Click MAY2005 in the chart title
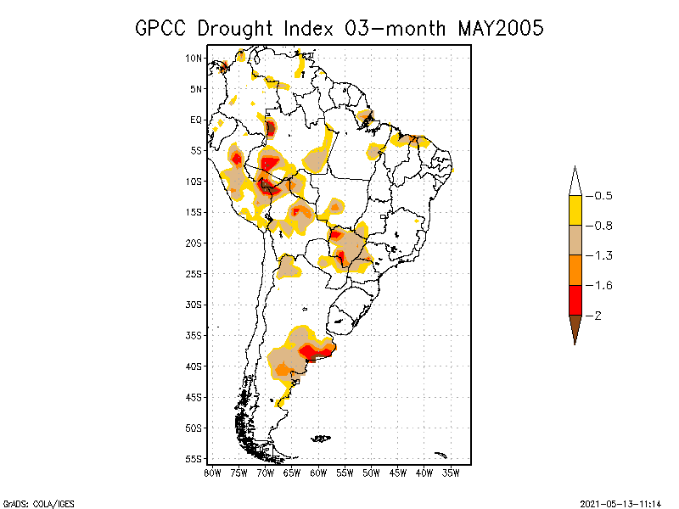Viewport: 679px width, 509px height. tap(500, 28)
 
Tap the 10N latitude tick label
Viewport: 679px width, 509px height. tap(194, 58)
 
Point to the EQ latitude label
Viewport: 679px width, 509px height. tap(195, 120)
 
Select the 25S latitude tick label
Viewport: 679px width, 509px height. tap(194, 273)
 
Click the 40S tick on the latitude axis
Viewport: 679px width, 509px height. tap(194, 366)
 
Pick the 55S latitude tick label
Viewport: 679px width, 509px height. tap(194, 458)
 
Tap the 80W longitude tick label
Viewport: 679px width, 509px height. tap(212, 473)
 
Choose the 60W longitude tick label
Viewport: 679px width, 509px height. tap(318, 473)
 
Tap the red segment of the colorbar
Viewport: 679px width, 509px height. tap(575, 300)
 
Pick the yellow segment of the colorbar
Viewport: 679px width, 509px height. tap(575, 210)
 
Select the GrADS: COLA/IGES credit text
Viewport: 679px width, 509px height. tap(28, 502)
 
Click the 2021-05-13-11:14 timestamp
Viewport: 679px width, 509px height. tap(620, 502)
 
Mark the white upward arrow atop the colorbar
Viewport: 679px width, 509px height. tap(575, 181)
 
